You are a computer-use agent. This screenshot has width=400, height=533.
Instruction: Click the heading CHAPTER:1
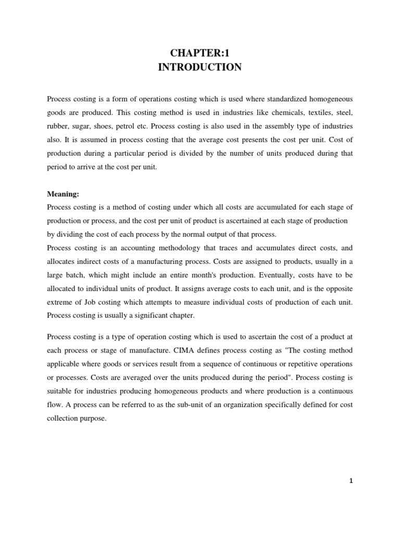(x=200, y=53)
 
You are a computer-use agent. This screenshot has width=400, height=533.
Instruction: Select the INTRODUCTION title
(x=200, y=67)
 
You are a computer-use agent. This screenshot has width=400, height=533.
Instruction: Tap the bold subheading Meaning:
(x=63, y=194)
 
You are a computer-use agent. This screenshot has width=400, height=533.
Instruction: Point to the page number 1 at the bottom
(x=351, y=481)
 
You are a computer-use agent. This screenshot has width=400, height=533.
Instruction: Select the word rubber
(x=57, y=126)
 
